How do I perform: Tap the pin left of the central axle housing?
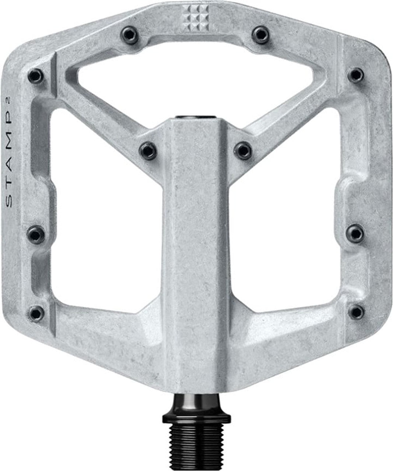[148, 150]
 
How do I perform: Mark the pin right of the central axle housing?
[243, 150]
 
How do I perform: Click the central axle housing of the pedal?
[196, 239]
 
